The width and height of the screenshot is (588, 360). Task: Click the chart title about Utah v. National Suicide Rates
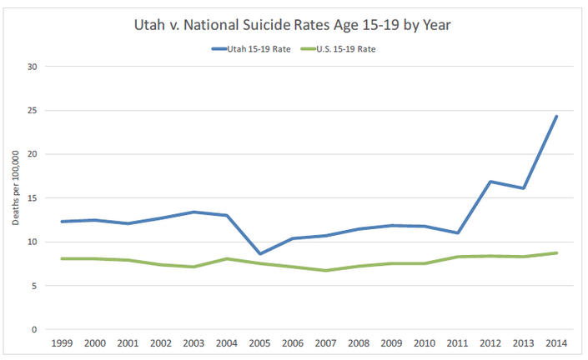pos(294,26)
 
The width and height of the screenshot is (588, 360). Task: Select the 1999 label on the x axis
pos(60,342)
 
